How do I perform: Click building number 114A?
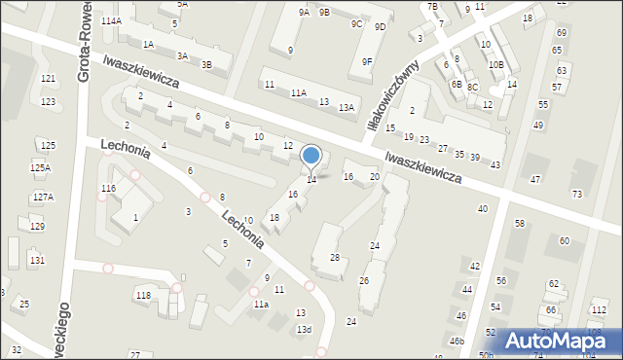point(110,20)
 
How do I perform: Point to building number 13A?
point(346,108)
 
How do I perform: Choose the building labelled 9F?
point(367,61)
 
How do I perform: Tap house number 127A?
point(41,197)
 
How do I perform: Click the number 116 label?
point(108,188)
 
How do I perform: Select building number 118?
point(143,295)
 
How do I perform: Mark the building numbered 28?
point(334,257)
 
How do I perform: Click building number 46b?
point(457,342)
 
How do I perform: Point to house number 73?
point(576,195)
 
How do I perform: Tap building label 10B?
point(496,64)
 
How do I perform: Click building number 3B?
point(206,64)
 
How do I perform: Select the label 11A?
point(299,93)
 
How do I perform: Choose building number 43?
point(495,164)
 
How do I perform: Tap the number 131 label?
point(37,260)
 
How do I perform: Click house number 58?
point(519,224)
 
